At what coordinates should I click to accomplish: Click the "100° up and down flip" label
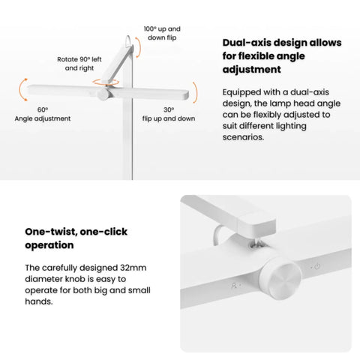(162, 33)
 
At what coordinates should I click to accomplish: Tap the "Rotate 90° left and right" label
(79, 64)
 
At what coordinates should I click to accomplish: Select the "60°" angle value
(43, 109)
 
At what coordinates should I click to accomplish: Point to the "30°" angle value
(169, 109)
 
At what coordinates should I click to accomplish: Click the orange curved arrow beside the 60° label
(20, 90)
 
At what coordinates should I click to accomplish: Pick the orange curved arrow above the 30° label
(196, 92)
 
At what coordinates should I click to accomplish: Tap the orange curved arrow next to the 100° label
(139, 47)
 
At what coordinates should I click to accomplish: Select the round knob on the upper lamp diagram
(103, 94)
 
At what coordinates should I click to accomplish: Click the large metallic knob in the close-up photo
(280, 277)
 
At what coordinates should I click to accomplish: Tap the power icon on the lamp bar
(317, 266)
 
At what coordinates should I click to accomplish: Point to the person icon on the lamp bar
(234, 285)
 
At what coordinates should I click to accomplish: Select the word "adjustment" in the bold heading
(251, 70)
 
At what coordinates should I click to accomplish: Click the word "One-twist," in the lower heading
(51, 232)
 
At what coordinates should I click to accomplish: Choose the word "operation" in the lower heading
(49, 245)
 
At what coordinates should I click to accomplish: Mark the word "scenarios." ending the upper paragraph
(243, 137)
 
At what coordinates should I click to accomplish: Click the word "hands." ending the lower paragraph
(39, 301)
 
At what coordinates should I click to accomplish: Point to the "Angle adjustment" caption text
(43, 118)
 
